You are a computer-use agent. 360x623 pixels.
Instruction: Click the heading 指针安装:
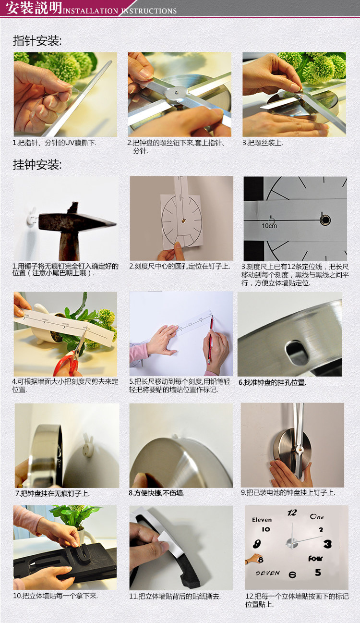(37, 41)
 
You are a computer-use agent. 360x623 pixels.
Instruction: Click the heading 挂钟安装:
(37, 165)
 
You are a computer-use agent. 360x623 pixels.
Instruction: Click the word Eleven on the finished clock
(262, 520)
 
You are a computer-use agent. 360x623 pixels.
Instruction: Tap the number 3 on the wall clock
(327, 544)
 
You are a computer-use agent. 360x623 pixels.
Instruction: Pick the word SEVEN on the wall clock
(267, 573)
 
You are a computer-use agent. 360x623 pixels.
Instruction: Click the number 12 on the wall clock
(292, 513)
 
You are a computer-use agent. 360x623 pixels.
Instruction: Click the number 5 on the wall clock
(318, 573)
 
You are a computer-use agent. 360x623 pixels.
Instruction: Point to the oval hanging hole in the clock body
(297, 353)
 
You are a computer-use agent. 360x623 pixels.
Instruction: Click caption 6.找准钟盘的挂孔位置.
(272, 383)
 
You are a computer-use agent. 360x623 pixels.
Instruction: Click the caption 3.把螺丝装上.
(263, 143)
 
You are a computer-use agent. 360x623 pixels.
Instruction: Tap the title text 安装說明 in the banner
(31, 8)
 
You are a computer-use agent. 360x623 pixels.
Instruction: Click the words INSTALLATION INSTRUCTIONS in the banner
(120, 11)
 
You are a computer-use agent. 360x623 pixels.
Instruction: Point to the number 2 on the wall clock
(321, 530)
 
